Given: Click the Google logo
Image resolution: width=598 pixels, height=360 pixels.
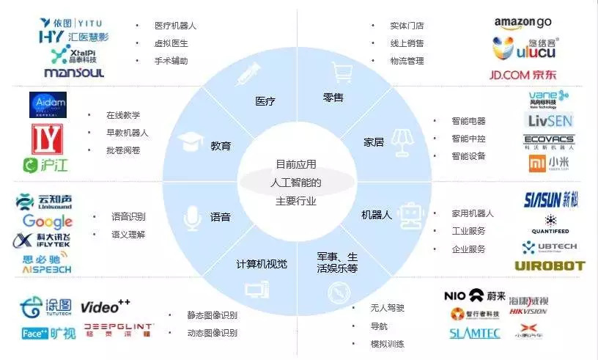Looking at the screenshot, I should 47,221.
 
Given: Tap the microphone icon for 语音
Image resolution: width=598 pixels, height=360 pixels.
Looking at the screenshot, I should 193,217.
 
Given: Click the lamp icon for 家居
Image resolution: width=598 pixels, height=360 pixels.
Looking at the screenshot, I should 400,141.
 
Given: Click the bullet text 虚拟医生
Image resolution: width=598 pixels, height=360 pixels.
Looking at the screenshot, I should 171,43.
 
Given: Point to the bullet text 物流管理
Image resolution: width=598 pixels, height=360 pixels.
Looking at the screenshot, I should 407,61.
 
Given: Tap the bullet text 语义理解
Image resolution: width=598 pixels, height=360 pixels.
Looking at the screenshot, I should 128,235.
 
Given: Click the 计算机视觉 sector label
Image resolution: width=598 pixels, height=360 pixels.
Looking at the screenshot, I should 262,264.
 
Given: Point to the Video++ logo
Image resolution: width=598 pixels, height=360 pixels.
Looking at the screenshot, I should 105,306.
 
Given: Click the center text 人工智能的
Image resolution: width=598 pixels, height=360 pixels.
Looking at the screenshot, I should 296,182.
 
